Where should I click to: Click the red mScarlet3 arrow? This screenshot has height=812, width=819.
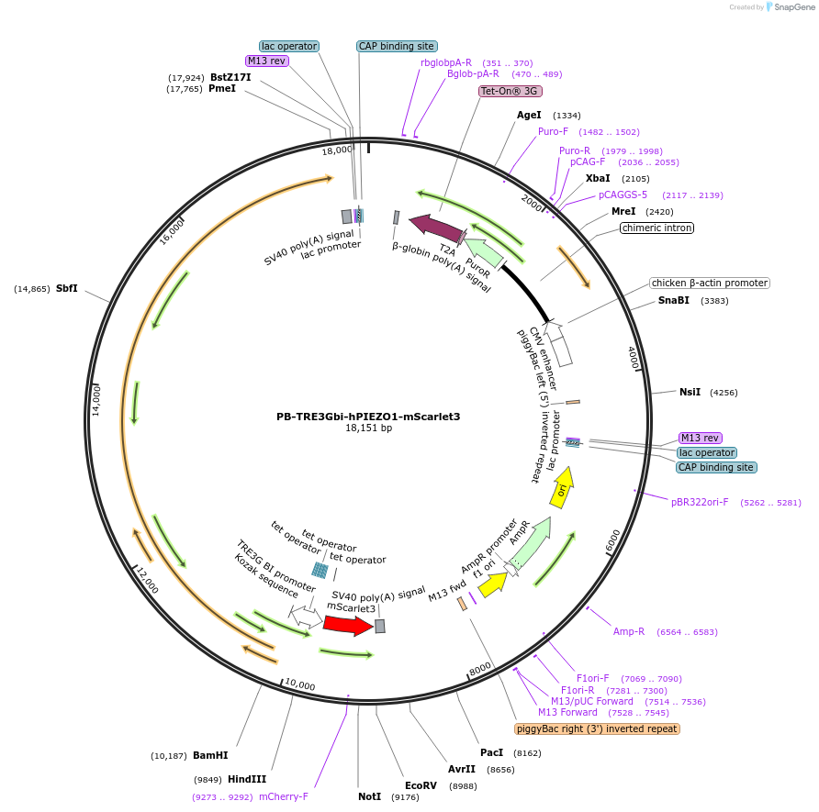coord(348,625)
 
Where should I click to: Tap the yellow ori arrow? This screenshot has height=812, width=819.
coord(562,487)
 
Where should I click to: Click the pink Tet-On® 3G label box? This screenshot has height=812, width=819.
coord(510,92)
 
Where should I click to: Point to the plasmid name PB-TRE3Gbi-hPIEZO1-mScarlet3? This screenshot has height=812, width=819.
coord(368,417)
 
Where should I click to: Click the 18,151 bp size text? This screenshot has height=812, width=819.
coord(368,428)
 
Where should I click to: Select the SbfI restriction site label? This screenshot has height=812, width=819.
coord(67,288)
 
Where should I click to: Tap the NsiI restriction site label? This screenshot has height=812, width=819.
coord(690,392)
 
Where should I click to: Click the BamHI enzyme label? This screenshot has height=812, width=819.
coord(210,755)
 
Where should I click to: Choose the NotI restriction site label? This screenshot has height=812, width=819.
coord(370,796)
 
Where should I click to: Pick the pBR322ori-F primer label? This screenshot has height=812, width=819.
coord(700,502)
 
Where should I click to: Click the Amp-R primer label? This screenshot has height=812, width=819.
coord(629,631)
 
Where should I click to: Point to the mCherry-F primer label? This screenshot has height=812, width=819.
coord(284,796)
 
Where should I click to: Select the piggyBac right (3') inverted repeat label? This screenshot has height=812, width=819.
coord(597,729)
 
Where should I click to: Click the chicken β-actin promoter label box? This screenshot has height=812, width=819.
coord(710,283)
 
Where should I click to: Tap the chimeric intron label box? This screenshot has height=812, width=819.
coord(657,228)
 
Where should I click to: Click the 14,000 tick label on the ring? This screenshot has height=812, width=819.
coord(96,400)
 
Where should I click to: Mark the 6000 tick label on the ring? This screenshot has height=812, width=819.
coord(613,541)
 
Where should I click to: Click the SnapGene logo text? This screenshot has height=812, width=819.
coord(794,6)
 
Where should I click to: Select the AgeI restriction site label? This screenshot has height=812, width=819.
coord(529,115)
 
